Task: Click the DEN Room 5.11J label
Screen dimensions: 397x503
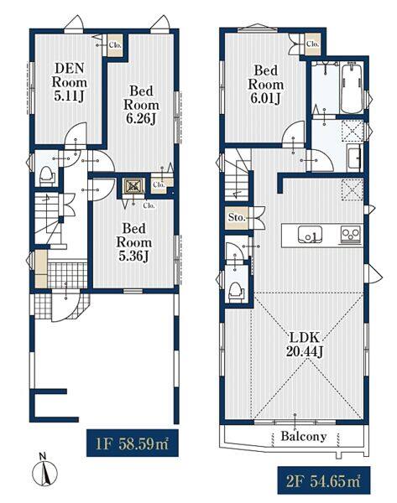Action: [x=70, y=82]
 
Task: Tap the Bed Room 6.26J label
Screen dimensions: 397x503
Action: [x=141, y=105]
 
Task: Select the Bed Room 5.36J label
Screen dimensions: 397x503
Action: [x=134, y=242]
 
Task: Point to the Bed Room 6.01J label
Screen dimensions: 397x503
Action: [x=265, y=84]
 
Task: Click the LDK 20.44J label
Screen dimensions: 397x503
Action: [x=304, y=345]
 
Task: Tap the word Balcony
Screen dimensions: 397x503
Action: [x=304, y=436]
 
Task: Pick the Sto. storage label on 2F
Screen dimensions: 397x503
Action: [x=237, y=218]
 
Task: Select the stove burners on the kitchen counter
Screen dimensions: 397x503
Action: [x=351, y=235]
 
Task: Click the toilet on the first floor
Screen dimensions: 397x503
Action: [x=47, y=176]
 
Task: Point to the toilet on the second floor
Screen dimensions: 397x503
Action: [x=236, y=291]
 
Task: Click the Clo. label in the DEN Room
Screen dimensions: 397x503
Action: [x=115, y=45]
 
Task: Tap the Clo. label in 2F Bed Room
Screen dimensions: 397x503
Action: [x=312, y=44]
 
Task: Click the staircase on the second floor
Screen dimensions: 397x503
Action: [x=238, y=175]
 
